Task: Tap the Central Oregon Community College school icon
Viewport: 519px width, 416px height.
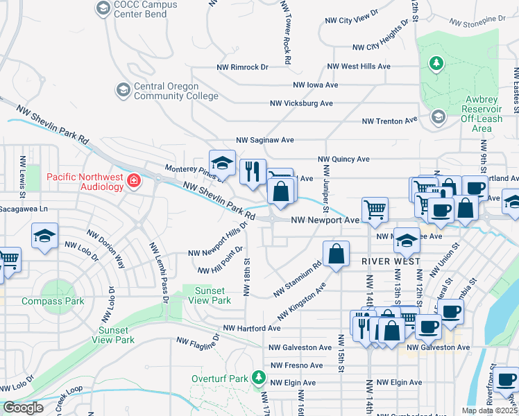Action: (x=124, y=90)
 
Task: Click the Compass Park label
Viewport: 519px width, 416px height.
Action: (x=53, y=302)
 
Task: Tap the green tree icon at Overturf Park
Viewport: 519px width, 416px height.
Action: (x=259, y=378)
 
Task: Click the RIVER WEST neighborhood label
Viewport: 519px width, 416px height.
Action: (x=389, y=261)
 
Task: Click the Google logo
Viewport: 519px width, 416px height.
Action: (x=22, y=408)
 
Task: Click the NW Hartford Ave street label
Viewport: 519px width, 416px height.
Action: (x=251, y=328)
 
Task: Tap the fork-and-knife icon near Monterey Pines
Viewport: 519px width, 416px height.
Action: (x=253, y=171)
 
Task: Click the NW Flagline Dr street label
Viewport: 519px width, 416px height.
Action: (x=198, y=340)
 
